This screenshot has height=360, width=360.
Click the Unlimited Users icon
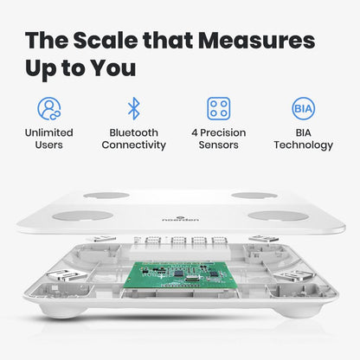[x=49, y=108]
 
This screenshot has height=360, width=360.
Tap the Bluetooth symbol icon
[x=133, y=108]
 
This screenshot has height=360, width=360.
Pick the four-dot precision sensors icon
[x=218, y=108]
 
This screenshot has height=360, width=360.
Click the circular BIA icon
[x=303, y=108]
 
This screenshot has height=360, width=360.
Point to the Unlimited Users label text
[x=49, y=138]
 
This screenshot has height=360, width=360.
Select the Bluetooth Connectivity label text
[x=133, y=138]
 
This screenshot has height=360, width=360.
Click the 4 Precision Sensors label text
[x=218, y=138]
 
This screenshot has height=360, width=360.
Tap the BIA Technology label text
[x=303, y=138]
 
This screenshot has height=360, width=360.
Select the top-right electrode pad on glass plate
[x=254, y=196]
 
